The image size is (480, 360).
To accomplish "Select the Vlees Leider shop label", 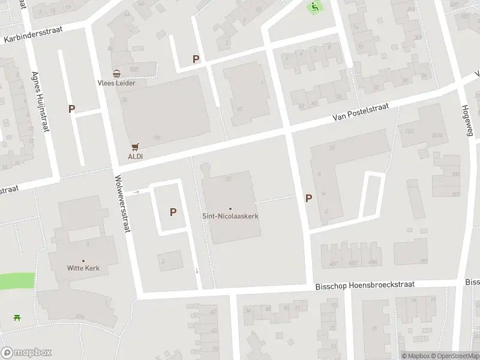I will (x=117, y=83).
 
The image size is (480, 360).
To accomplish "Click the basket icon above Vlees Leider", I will (x=116, y=73).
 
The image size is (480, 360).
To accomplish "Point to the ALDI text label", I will (x=135, y=156).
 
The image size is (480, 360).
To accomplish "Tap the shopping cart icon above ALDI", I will (x=135, y=146).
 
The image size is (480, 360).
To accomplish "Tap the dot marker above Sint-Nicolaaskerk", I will (x=230, y=209).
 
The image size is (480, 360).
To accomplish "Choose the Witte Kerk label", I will (x=83, y=268).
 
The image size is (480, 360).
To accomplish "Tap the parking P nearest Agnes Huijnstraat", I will (x=72, y=109).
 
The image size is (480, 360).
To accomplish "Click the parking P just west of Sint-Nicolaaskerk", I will (x=173, y=212).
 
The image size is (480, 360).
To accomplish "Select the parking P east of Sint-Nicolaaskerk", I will (x=309, y=198).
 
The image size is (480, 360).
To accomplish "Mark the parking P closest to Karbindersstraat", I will (x=196, y=59).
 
